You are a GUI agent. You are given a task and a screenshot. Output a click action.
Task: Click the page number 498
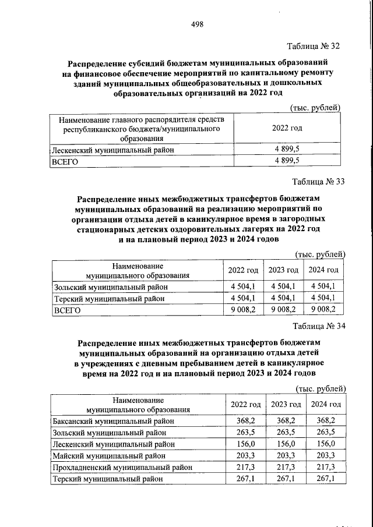pos(196,23)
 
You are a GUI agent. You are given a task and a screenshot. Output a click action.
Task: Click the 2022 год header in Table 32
pos(287,128)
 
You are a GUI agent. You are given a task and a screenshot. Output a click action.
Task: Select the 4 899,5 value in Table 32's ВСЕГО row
pos(287,161)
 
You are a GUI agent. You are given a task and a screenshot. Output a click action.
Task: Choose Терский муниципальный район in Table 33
pos(108,298)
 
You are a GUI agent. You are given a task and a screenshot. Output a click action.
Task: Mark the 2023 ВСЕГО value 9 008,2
pos(283,310)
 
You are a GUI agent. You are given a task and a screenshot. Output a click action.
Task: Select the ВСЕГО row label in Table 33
pos(67,310)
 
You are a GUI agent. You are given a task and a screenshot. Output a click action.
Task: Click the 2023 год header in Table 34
pos(286,404)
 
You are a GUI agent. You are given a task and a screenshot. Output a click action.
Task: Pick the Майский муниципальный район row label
pos(104,455)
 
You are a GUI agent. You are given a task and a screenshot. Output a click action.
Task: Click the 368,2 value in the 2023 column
pos(286,421)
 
